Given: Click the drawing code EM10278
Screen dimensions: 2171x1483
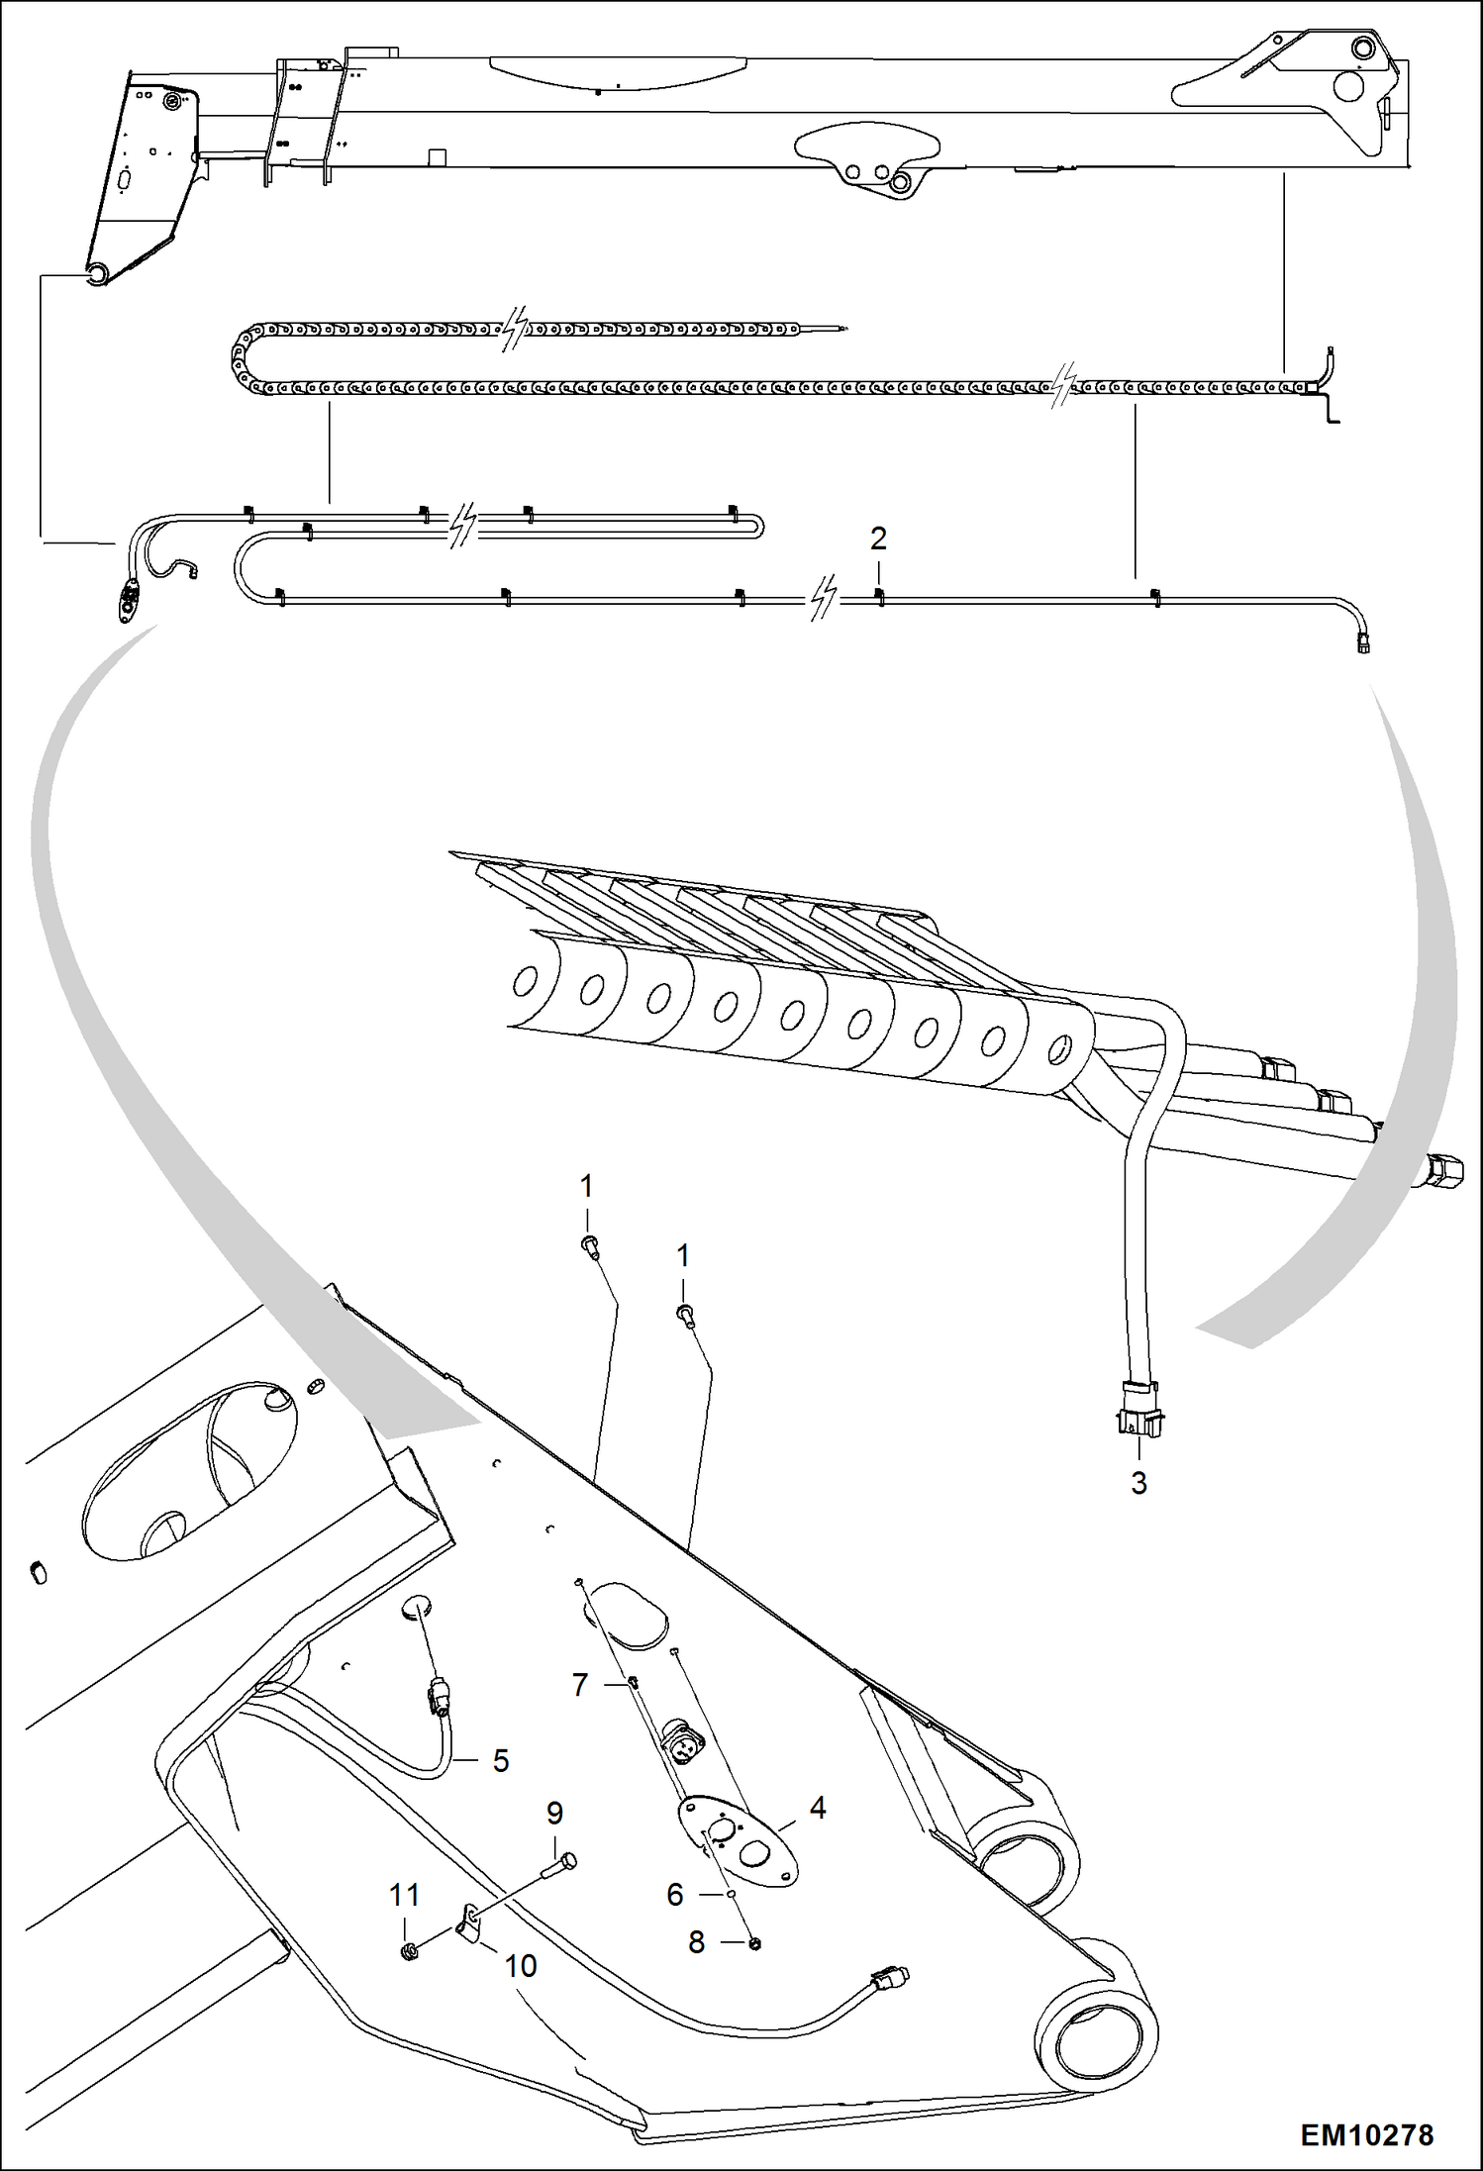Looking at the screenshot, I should click(1365, 2135).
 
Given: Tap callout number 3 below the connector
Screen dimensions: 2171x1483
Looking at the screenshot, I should click(1138, 1482).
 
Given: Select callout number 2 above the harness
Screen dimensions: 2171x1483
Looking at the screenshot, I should click(877, 539).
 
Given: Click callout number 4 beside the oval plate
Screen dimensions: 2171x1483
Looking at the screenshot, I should click(817, 1808).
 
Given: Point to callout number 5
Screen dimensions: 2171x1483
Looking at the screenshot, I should click(501, 1760).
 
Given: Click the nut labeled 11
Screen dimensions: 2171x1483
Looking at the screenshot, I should click(409, 1951).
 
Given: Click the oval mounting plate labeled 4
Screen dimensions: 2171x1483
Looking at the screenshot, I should click(738, 1841).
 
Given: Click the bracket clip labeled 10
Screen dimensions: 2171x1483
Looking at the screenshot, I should click(468, 1924).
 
